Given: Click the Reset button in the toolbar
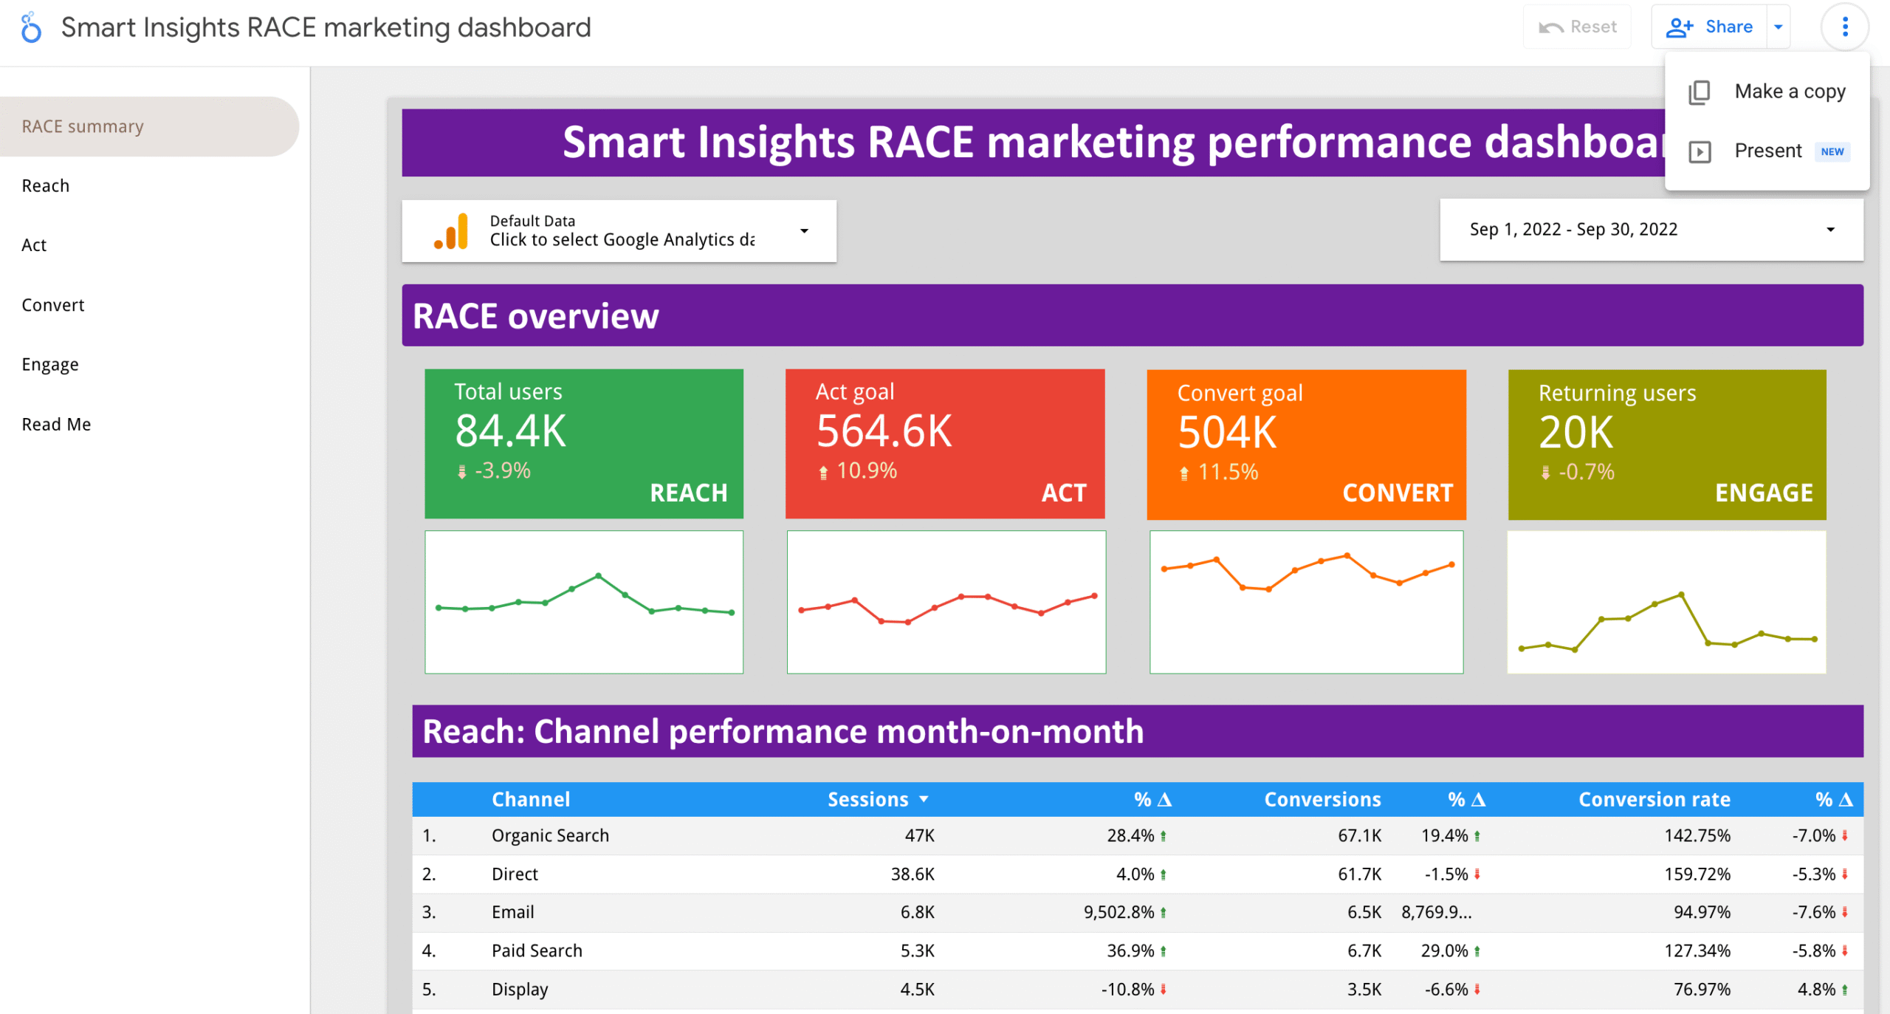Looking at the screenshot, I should pos(1578,27).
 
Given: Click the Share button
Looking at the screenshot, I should pos(1710,27).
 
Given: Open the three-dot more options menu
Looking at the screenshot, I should pos(1844,27).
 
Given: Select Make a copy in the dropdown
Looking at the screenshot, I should pos(1789,92).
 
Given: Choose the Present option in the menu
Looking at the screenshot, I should pos(1767,151).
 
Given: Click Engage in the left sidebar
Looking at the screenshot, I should pos(50,365).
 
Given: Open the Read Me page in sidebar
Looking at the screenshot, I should pos(56,425).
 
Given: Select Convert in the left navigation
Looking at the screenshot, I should pos(53,305).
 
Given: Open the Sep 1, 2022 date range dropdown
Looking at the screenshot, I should pos(1651,230).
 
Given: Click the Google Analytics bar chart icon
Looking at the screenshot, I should pos(452,231).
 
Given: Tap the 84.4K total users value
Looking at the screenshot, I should pos(510,431).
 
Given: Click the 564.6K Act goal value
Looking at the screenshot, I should pos(884,431).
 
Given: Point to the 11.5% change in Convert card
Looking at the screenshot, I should pos(1227,472).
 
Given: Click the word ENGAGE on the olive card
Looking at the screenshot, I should pos(1763,493).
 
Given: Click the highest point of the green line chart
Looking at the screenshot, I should pos(598,575).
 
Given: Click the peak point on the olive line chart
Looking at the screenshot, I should pos(1681,595).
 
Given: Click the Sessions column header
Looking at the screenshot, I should pos(868,800).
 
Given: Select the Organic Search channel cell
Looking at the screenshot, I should pos(550,836).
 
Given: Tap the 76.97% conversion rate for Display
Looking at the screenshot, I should pos(1701,990).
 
